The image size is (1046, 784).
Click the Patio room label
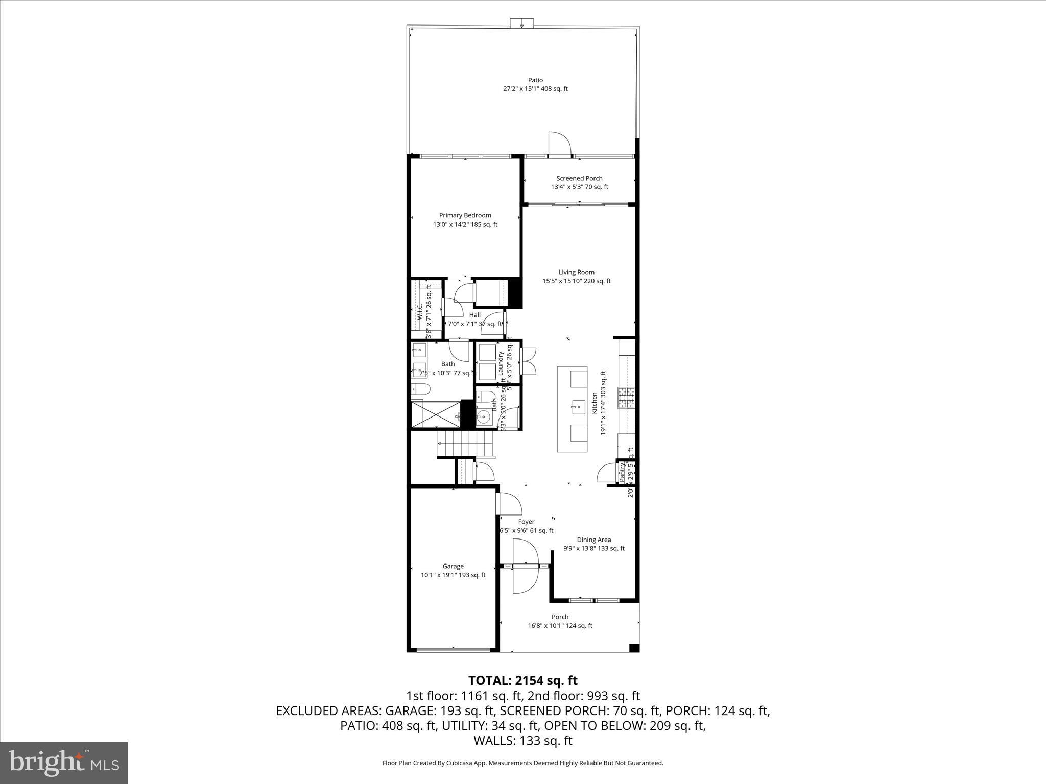tap(535, 80)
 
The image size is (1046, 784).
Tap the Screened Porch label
tap(579, 178)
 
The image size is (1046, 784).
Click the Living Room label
tap(576, 272)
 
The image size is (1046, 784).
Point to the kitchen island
tap(572, 408)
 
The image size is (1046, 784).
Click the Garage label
tap(453, 566)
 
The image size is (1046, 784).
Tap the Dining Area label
tap(593, 540)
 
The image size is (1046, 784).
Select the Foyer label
tap(526, 522)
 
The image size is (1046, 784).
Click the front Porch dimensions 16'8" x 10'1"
tap(560, 626)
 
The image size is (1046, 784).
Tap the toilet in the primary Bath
tap(421, 390)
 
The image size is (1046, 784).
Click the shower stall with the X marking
tap(436, 414)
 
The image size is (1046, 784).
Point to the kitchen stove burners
tap(627, 398)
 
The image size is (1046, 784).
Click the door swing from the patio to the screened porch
tap(559, 143)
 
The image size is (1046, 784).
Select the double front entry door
tap(525, 567)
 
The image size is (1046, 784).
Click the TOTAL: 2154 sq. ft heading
tap(522, 680)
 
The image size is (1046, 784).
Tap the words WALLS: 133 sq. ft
tap(522, 741)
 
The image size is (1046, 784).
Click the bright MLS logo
tap(64, 763)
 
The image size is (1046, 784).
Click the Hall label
tap(474, 315)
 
